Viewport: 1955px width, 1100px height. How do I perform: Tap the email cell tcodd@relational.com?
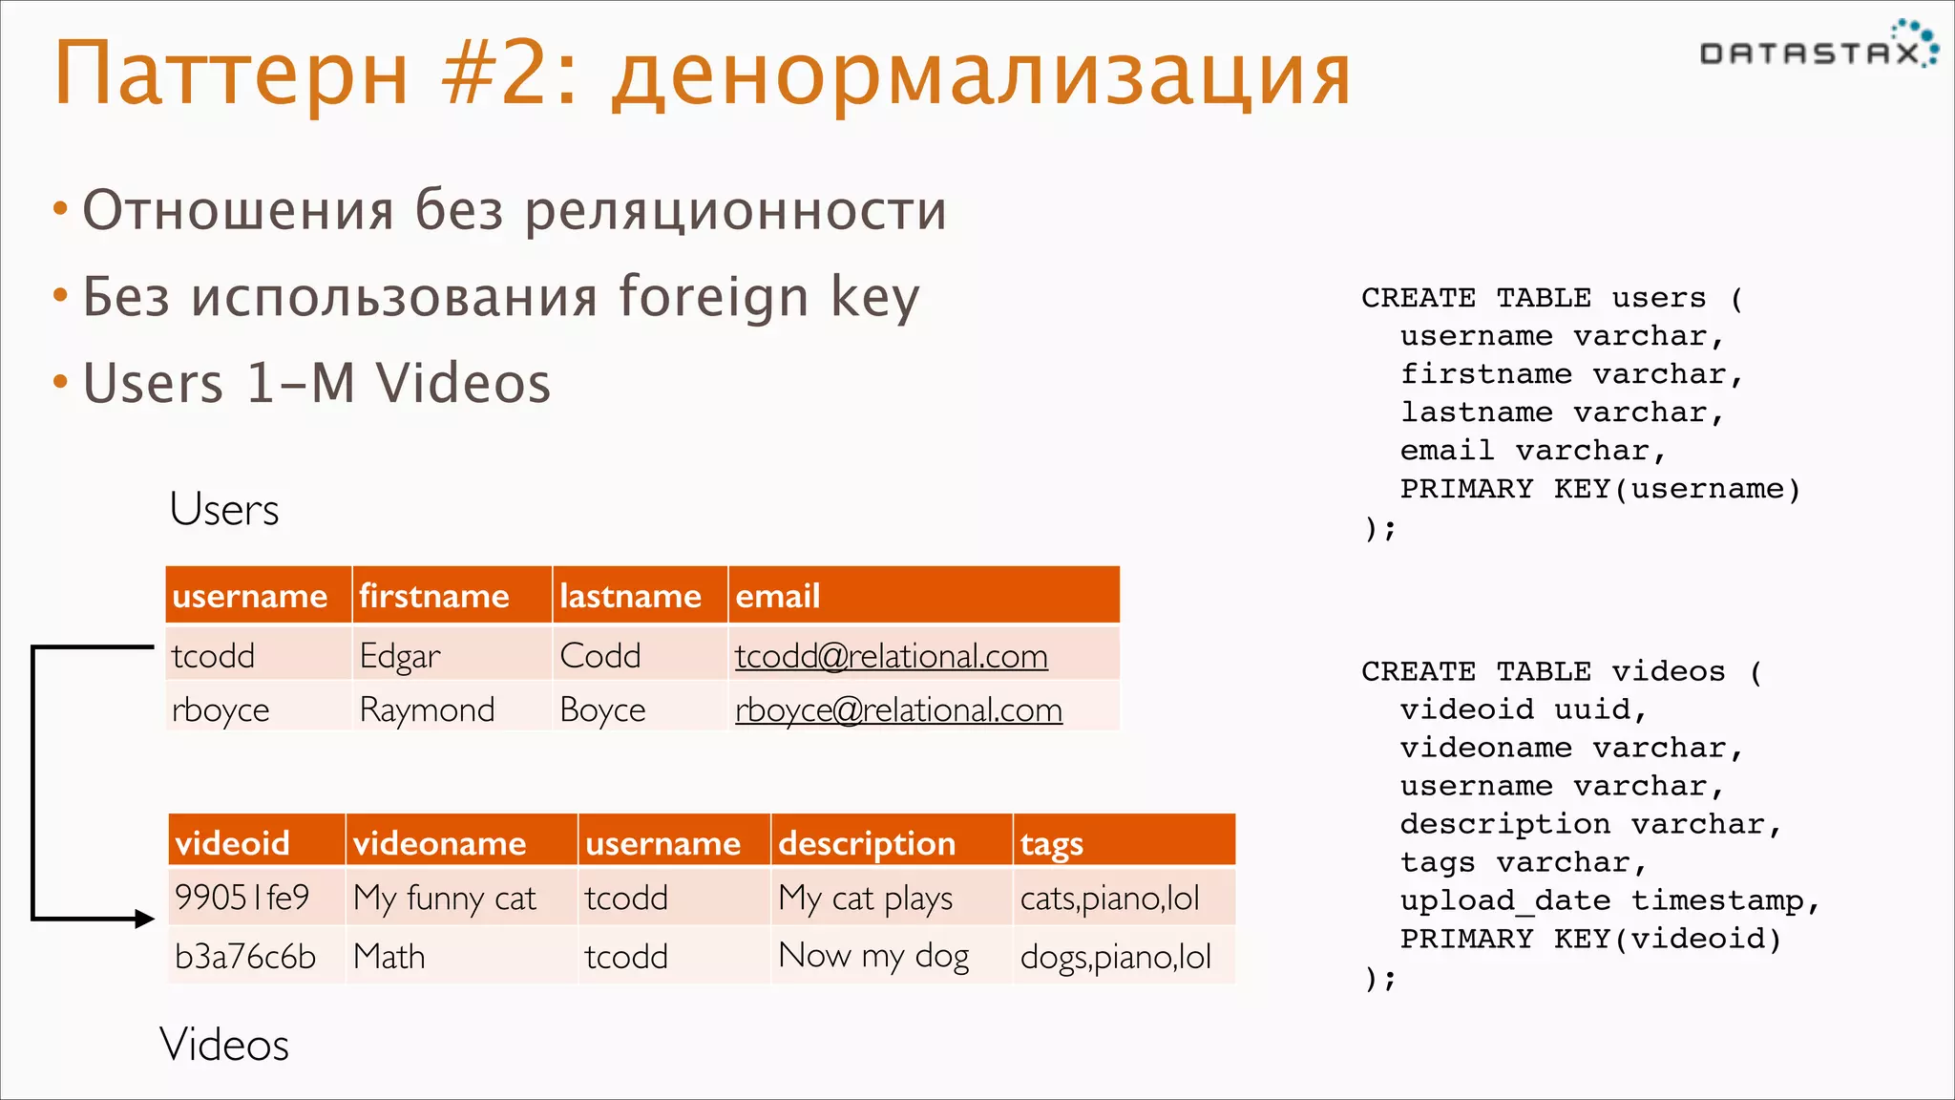pos(891,656)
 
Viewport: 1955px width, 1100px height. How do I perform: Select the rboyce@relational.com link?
pos(898,710)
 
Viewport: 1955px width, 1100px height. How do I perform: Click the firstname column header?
pos(434,596)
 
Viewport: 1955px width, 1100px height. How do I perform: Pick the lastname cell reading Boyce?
pos(602,710)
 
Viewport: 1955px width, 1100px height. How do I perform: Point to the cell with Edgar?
pos(400,657)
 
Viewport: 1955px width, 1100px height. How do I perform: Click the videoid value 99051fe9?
pos(242,898)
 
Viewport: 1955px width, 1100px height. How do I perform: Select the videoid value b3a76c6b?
pos(245,957)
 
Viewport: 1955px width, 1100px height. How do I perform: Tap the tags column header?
pos(1051,843)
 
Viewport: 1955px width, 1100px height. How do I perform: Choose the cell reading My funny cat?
pos(445,899)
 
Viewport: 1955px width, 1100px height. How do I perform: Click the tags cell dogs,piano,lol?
pos(1115,957)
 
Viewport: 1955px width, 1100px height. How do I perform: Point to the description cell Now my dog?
pos(873,956)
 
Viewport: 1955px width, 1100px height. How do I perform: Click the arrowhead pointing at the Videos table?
pos(144,920)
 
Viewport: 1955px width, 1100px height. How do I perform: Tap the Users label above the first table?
pos(224,509)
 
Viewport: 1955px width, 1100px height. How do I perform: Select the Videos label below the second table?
pos(224,1044)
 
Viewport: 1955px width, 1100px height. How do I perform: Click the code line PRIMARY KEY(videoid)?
pos(1590,939)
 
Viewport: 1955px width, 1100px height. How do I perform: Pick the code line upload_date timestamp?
pos(1609,900)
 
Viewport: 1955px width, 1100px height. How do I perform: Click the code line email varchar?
pos(1532,451)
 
